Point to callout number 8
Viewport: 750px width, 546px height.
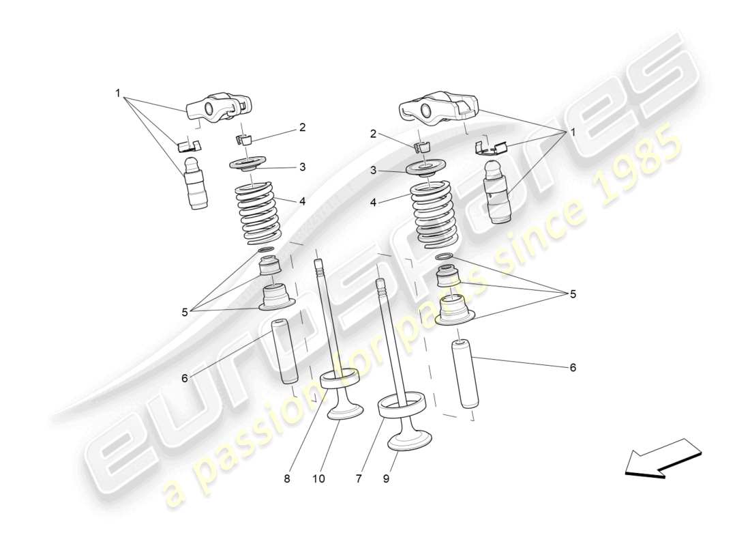coord(287,479)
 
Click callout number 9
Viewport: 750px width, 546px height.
coord(386,479)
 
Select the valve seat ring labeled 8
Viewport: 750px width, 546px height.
coord(339,377)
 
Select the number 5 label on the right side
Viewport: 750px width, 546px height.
coord(573,294)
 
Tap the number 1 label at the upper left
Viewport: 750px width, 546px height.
coord(118,93)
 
